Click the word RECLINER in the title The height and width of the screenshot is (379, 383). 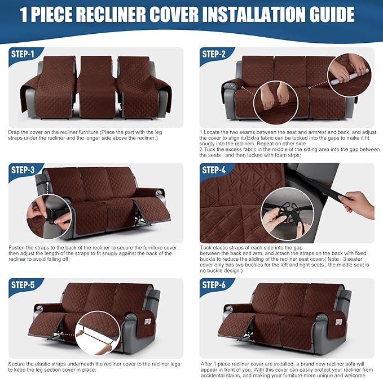125,15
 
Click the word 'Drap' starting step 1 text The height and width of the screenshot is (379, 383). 14,131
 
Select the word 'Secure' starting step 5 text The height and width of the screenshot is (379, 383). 17,363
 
